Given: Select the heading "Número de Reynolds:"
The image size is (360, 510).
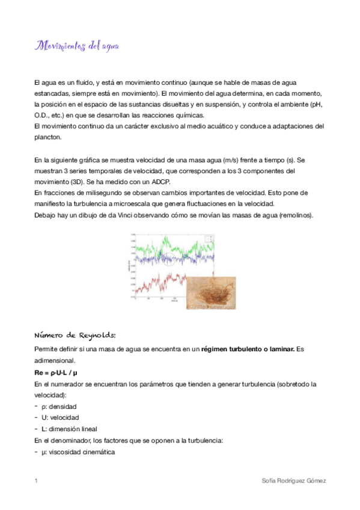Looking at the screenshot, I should (x=76, y=335).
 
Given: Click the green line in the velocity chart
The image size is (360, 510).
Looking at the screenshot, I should (x=180, y=246).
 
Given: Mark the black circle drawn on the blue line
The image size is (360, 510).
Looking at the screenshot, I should (x=169, y=260).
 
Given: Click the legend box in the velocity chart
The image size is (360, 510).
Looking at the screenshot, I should (x=226, y=239).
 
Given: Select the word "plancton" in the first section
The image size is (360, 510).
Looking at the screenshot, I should (x=47, y=137).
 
